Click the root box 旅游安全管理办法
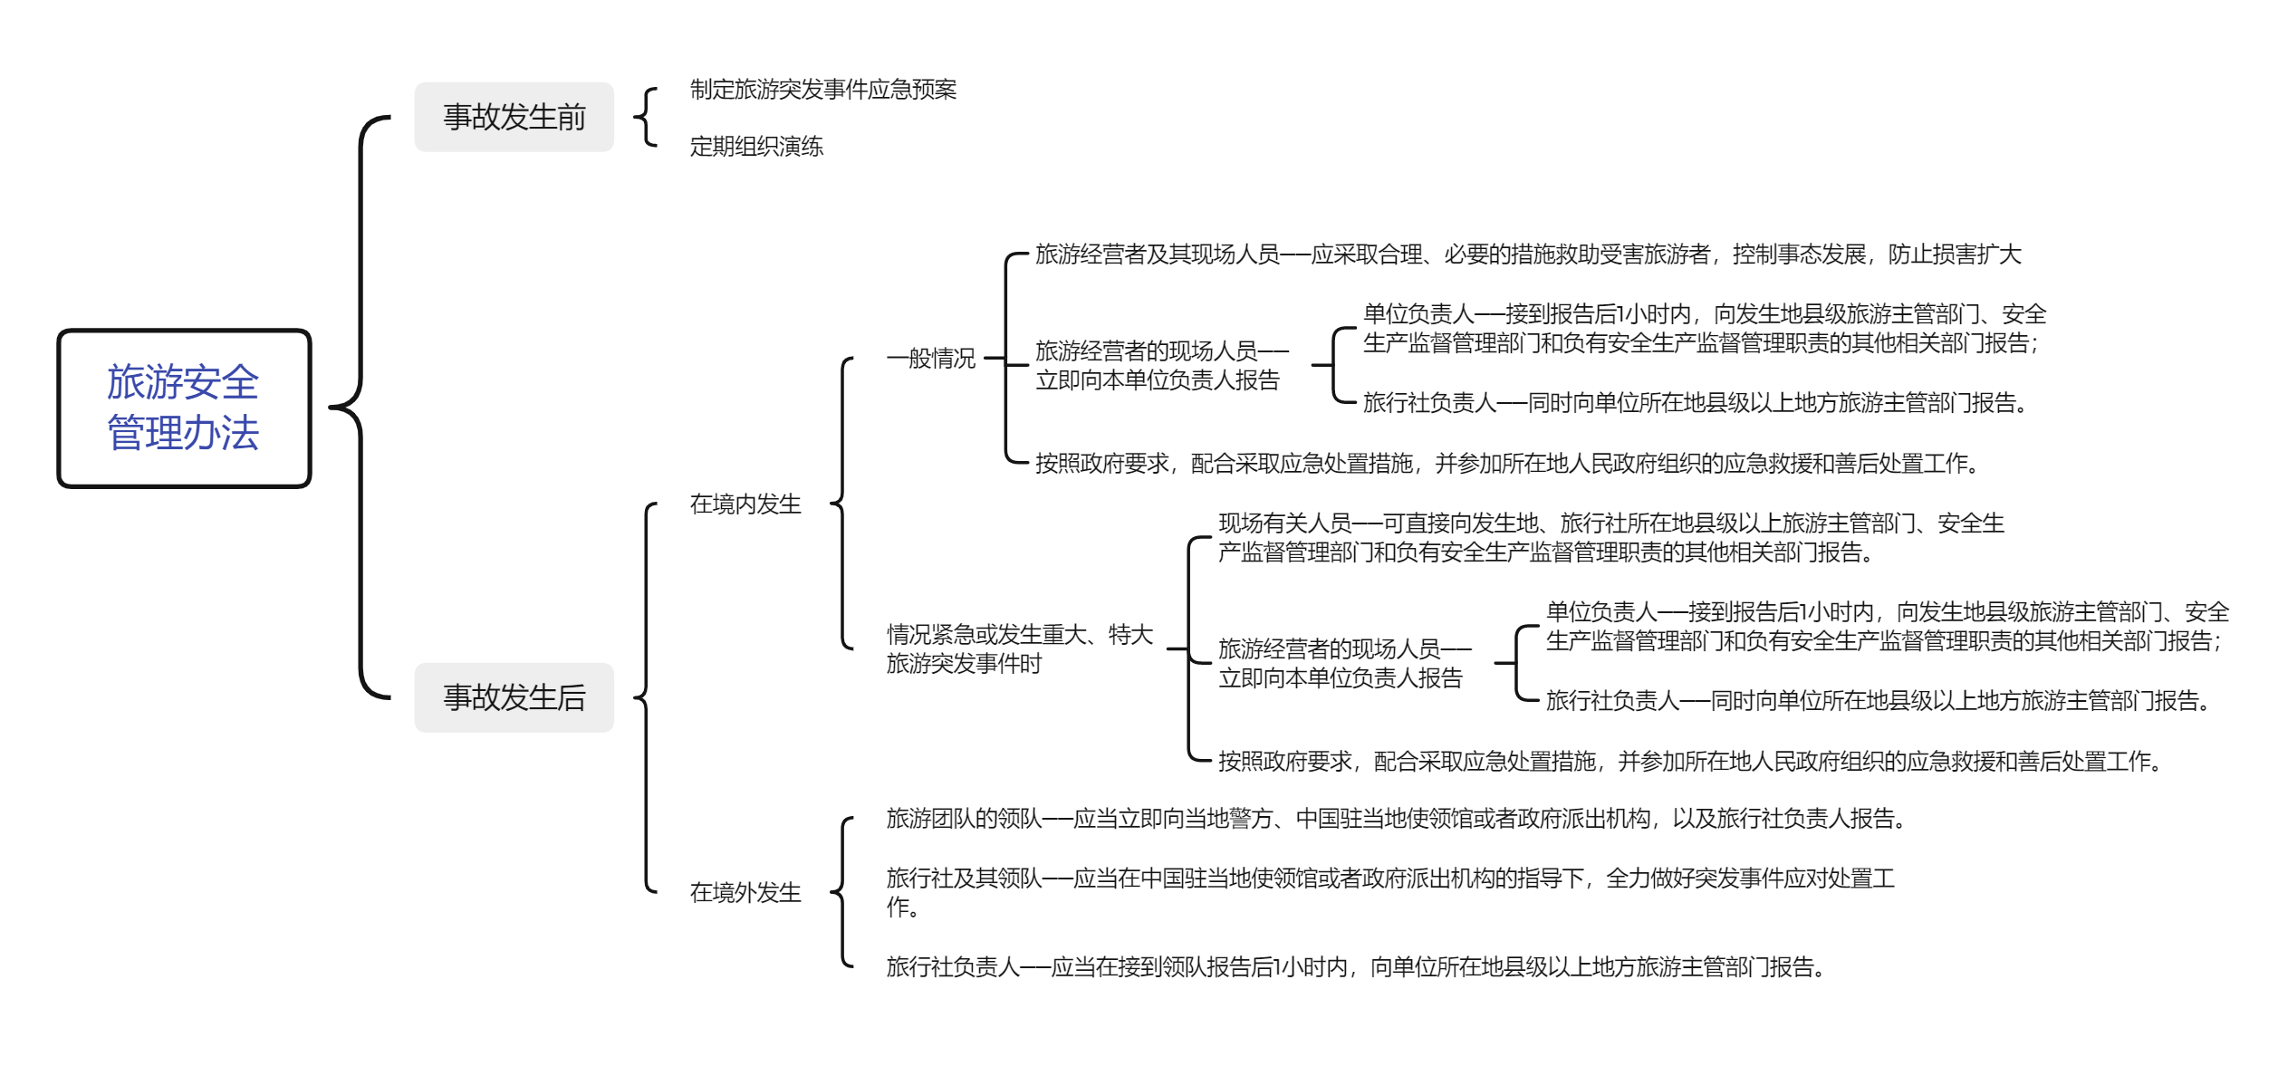click(184, 408)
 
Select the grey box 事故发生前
click(514, 117)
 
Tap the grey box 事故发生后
click(514, 697)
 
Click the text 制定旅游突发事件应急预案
click(822, 90)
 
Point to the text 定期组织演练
click(756, 147)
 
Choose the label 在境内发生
click(745, 504)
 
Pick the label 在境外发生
click(745, 893)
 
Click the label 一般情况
click(931, 359)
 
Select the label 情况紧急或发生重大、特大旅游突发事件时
click(1019, 649)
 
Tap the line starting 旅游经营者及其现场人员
click(1528, 254)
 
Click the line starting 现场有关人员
click(1611, 538)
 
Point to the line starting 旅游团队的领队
click(1396, 819)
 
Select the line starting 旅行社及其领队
click(1390, 892)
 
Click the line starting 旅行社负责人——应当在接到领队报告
click(1355, 967)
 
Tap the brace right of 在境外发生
click(842, 893)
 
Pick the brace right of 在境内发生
click(842, 504)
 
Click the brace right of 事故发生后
click(646, 697)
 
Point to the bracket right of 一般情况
click(1005, 359)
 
